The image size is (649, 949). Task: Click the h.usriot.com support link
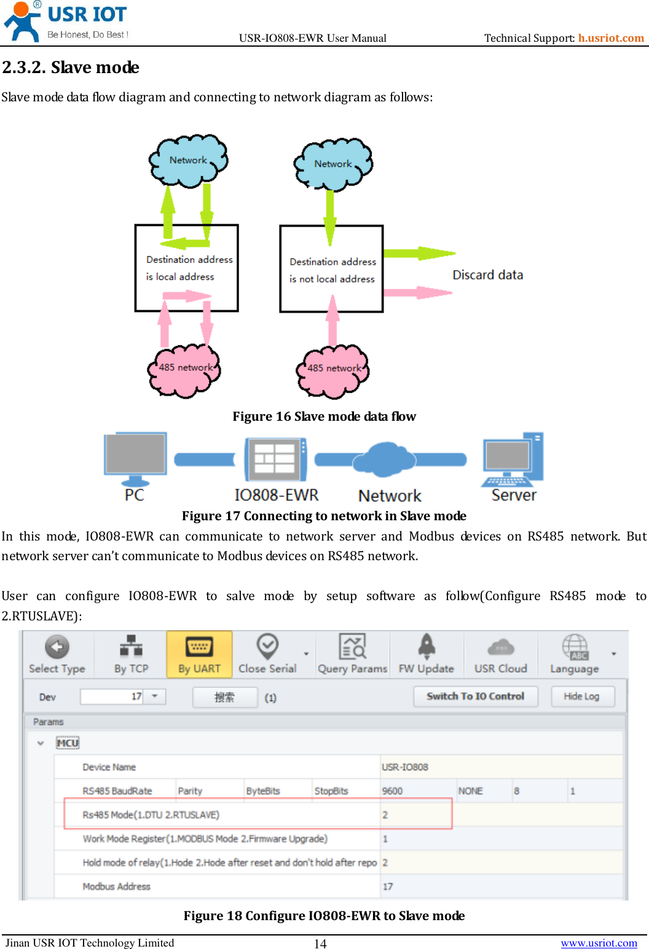(610, 38)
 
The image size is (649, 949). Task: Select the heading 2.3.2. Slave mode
(71, 67)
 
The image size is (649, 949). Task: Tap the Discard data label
(487, 275)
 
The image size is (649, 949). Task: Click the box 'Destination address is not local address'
(331, 269)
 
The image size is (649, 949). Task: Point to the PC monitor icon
(135, 458)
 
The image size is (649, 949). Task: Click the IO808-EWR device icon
(275, 459)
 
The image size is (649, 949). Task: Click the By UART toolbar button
(199, 655)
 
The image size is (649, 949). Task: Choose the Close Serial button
(267, 655)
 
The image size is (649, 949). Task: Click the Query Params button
(352, 655)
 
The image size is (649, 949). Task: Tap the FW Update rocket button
(426, 655)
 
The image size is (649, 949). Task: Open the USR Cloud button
(500, 655)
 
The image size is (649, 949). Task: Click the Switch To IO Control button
(475, 697)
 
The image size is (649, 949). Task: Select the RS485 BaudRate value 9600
(393, 791)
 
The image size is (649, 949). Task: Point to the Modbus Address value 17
(388, 886)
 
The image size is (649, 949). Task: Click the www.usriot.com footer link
(599, 943)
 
